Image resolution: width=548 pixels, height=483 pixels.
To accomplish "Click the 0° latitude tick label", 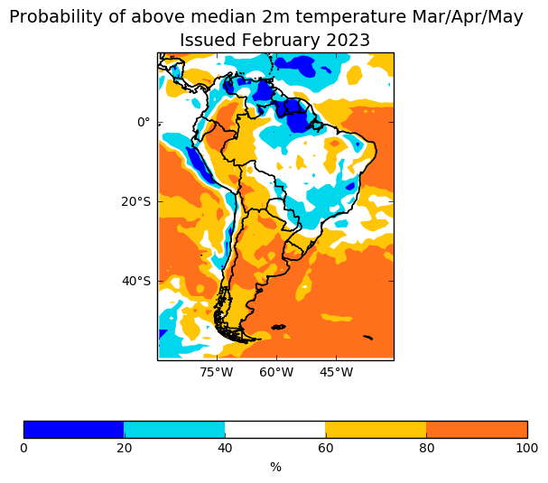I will tap(144, 122).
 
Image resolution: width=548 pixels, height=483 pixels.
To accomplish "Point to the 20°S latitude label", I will tap(135, 201).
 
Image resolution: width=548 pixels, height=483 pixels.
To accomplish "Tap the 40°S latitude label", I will tap(135, 281).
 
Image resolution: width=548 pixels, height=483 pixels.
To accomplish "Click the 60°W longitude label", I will tap(276, 372).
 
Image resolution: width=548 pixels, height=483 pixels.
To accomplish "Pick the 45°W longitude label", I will tap(336, 372).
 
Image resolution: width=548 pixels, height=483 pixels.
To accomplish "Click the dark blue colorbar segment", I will tap(73, 430).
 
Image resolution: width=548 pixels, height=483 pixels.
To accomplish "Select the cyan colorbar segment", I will tap(174, 430).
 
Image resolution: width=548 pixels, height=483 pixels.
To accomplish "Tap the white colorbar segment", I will tap(274, 430).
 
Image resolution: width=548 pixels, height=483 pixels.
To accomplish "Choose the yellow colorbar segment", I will tap(376, 430).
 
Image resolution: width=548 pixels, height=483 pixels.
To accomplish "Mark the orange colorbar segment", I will tap(477, 430).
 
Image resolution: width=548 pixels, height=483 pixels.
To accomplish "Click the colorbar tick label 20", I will tap(124, 449).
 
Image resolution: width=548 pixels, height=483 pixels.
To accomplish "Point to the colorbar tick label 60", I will tap(325, 449).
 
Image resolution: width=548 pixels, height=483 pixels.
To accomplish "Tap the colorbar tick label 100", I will tap(527, 449).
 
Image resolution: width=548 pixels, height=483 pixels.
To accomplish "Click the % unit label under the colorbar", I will tap(275, 467).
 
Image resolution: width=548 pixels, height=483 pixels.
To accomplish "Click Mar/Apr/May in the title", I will tap(460, 17).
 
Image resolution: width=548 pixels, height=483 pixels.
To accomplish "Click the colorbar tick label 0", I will tap(23, 449).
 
